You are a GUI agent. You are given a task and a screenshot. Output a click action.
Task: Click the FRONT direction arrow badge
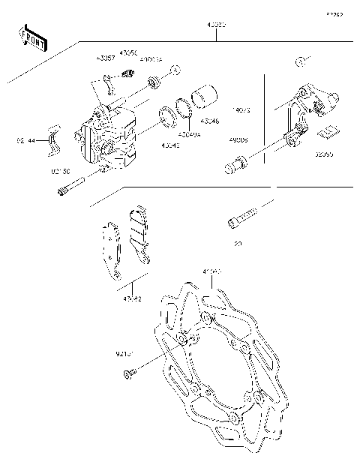point(32,38)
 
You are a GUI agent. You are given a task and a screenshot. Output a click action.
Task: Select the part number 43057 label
point(105,57)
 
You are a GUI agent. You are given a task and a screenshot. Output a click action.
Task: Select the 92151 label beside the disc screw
point(126,352)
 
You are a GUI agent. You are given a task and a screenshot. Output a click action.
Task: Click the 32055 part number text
point(325,154)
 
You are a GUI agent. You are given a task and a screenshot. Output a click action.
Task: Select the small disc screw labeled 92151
point(131,373)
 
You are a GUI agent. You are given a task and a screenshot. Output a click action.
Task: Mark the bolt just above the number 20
point(242,217)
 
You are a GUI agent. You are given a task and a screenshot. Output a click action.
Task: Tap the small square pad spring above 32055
point(326,133)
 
